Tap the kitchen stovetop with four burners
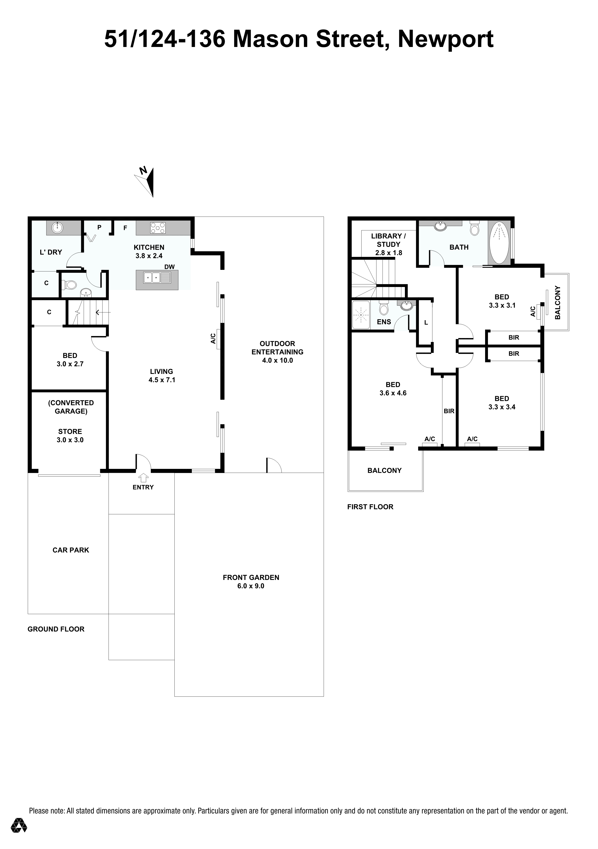coord(158,228)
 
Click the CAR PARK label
coord(71,550)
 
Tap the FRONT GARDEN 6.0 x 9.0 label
coord(251,582)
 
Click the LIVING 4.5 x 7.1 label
coord(162,376)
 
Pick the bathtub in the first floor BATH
coord(499,243)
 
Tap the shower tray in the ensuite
coord(361,315)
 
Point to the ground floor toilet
coord(70,285)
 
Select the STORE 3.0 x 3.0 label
coord(70,436)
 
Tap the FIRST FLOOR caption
coord(370,507)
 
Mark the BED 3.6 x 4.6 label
coord(393,389)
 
